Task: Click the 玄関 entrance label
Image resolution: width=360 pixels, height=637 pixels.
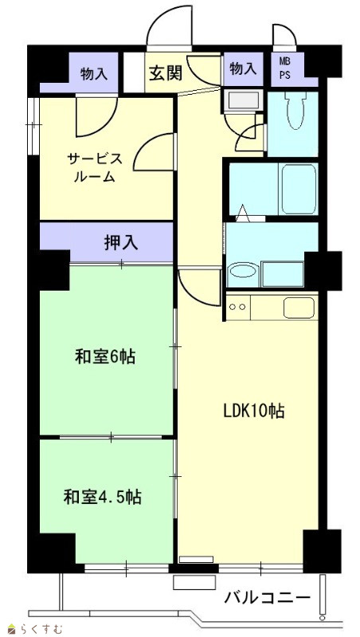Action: coord(166,72)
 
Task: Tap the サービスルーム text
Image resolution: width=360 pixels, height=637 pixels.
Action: coord(96,167)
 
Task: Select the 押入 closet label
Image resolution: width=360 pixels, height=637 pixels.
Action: coord(121,243)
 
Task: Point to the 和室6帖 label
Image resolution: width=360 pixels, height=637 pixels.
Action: coord(105,357)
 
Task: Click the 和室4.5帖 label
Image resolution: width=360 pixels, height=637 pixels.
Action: coord(103,496)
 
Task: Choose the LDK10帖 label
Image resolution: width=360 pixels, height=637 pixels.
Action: coord(253,411)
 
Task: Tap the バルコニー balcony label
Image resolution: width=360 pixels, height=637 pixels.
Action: coord(268,598)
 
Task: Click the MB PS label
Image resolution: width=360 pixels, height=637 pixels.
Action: coord(285,68)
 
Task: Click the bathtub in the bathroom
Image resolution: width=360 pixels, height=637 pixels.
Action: coord(299,189)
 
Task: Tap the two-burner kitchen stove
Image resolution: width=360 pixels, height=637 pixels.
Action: coord(238,307)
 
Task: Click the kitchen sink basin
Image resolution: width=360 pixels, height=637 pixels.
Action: coord(299,308)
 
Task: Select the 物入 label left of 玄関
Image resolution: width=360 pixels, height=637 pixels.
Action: coord(94,73)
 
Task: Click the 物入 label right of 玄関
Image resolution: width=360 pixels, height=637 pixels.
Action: coord(244,68)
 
